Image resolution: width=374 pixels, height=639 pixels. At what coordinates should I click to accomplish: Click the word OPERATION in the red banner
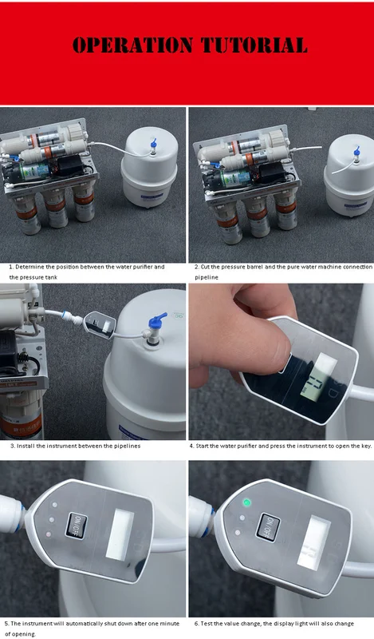point(132,46)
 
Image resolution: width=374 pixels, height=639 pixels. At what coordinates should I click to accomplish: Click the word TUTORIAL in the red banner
point(254,46)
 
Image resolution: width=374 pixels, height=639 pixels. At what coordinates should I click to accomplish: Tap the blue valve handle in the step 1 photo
point(153,145)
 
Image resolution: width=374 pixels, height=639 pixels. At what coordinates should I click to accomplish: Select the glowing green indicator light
point(246,502)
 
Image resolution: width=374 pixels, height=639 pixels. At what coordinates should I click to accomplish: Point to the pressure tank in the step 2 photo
point(349,175)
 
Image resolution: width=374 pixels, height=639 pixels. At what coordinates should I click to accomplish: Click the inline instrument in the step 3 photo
point(100,324)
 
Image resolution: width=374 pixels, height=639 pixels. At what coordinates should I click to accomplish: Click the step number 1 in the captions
point(11,267)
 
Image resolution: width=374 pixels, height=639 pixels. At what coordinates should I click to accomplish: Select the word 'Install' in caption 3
point(26,446)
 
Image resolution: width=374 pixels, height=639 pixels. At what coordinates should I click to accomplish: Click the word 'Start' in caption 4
point(202,446)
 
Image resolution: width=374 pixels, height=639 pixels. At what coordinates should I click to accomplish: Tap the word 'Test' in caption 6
point(207,624)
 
